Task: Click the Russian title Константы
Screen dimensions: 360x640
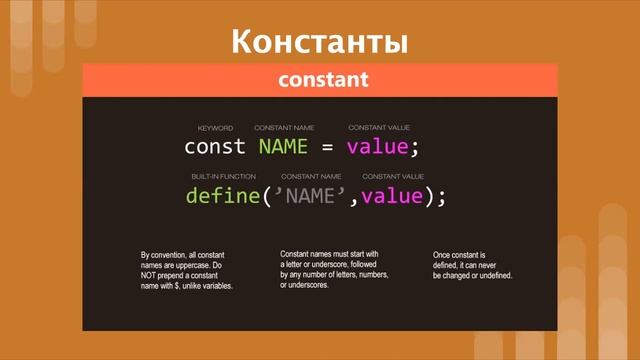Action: tap(320, 42)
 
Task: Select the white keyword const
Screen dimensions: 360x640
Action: tap(215, 147)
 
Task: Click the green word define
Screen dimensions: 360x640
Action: tap(222, 196)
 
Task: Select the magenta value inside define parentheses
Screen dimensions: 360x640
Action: tap(392, 196)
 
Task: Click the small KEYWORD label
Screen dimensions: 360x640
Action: tap(215, 128)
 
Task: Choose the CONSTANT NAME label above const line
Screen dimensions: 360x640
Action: tap(284, 128)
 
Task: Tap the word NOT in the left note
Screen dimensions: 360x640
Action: tap(151, 275)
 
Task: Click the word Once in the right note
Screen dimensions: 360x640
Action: tap(444, 255)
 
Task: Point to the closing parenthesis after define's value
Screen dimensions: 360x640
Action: tap(430, 196)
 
